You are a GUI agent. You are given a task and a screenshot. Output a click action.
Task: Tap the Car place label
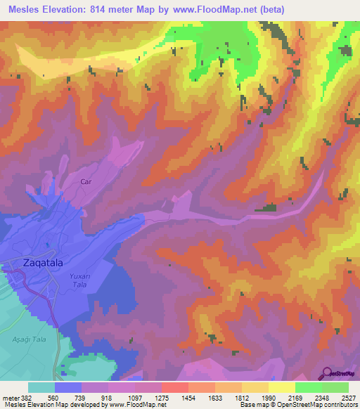pyautogui.click(x=86, y=181)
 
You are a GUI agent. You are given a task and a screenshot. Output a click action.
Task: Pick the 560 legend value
pyautogui.click(x=53, y=396)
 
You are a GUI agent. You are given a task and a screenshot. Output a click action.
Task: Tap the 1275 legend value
pyautogui.click(x=162, y=396)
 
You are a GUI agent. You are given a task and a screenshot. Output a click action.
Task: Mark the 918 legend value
pyautogui.click(x=108, y=396)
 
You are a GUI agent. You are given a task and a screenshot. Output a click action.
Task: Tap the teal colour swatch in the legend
pyautogui.click(x=41, y=387)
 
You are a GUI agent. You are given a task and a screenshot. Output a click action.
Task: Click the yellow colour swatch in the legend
pyautogui.click(x=281, y=387)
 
